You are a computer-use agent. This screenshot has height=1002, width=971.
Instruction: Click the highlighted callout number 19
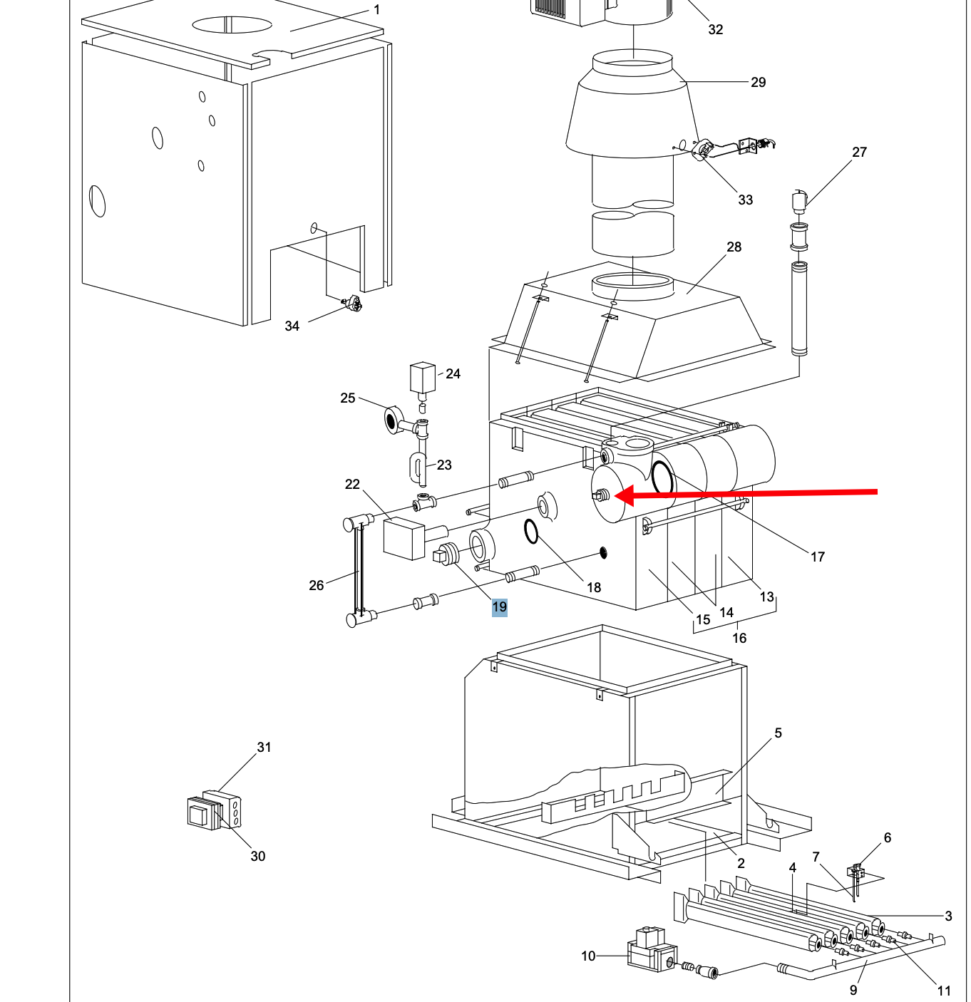pos(499,607)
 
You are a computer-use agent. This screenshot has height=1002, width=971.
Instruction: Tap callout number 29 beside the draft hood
pos(759,83)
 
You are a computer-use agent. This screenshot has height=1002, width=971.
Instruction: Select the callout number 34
pos(292,326)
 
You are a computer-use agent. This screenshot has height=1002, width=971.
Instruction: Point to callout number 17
pos(818,557)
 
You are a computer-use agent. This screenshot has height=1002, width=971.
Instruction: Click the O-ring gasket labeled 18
pos(531,532)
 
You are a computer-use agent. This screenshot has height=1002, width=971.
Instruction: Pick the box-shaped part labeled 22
pos(404,538)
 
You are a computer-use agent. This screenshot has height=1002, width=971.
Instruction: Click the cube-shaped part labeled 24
pos(422,378)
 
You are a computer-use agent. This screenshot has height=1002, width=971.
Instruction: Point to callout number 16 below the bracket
pos(739,639)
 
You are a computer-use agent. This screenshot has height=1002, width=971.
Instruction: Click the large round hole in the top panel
pos(232,25)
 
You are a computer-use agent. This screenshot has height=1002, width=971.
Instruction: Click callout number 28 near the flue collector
pos(734,247)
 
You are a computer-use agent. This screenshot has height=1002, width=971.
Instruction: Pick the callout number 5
pos(778,733)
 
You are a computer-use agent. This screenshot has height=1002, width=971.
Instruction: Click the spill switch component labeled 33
pos(703,150)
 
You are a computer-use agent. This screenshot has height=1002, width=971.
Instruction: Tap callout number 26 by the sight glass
pos(317,586)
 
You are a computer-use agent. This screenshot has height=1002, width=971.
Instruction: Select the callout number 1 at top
pos(377,10)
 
